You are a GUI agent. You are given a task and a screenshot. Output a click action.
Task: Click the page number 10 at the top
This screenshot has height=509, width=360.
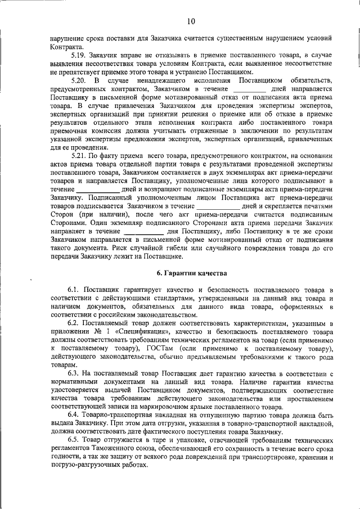click(191, 21)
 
